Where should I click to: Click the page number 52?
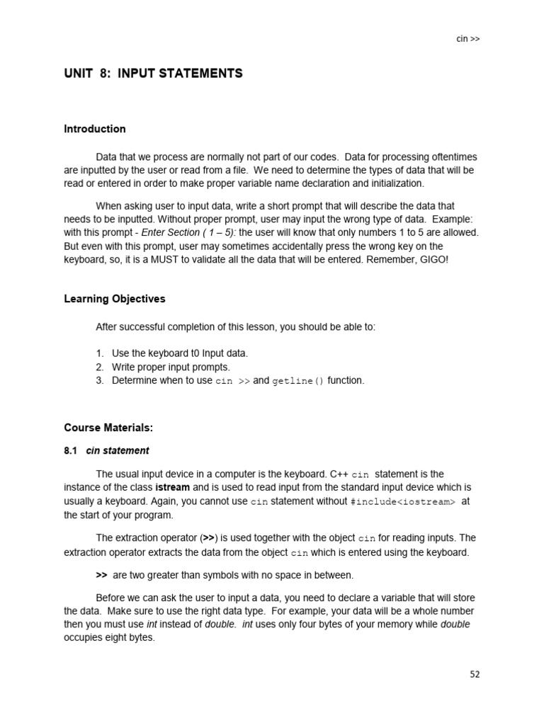(x=475, y=674)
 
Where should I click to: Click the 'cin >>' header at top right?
(x=467, y=39)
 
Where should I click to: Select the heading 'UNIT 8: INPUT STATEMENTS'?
(x=153, y=74)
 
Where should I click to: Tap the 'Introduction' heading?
(x=95, y=129)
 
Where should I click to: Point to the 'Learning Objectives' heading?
(x=115, y=299)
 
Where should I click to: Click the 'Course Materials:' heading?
(x=108, y=428)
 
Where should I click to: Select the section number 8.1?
(x=70, y=450)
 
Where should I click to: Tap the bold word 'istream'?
(x=172, y=488)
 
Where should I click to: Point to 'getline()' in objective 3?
(x=298, y=381)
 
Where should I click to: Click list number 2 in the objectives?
(x=100, y=367)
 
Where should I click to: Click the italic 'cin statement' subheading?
(x=118, y=450)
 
